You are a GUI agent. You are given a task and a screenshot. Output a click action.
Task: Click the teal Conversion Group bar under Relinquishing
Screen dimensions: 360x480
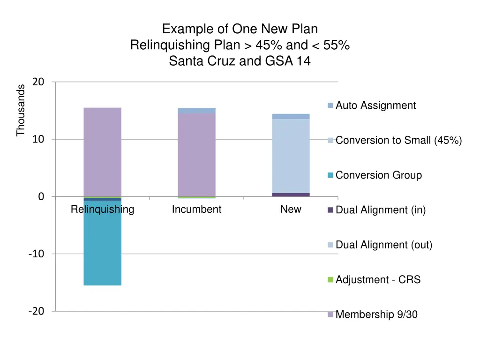pos(102,243)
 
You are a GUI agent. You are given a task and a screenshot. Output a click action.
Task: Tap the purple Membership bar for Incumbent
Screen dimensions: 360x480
pos(196,155)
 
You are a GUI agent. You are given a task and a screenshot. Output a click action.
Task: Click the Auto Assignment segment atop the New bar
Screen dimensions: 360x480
pos(291,116)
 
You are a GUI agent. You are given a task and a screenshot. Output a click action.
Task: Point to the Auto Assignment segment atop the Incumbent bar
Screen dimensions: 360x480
pos(196,111)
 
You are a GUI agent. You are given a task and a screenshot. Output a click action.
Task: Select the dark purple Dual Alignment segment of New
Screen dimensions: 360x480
pos(291,195)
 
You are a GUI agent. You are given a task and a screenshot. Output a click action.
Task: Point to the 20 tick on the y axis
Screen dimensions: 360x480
pos(38,82)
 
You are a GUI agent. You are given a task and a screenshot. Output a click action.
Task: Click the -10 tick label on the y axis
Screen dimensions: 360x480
pos(36,254)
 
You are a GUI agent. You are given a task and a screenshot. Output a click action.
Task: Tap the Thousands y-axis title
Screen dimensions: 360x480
pos(20,110)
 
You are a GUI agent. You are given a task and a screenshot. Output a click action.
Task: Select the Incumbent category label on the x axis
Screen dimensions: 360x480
pos(196,209)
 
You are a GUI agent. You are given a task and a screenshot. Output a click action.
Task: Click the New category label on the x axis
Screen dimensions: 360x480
pos(291,209)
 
